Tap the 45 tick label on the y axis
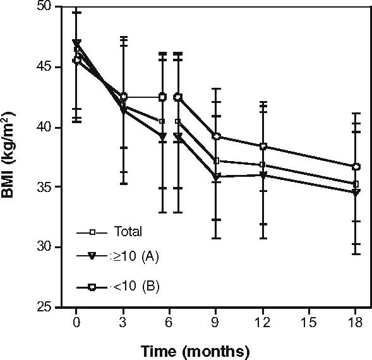46,67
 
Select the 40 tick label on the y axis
46,127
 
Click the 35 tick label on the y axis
46,187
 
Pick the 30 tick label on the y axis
46,247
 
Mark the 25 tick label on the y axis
46,307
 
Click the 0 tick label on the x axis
76,321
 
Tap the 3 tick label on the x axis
123,321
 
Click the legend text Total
128,232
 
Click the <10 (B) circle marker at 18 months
356,167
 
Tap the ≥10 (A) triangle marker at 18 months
356,193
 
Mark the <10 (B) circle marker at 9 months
217,136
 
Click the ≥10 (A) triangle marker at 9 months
217,177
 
